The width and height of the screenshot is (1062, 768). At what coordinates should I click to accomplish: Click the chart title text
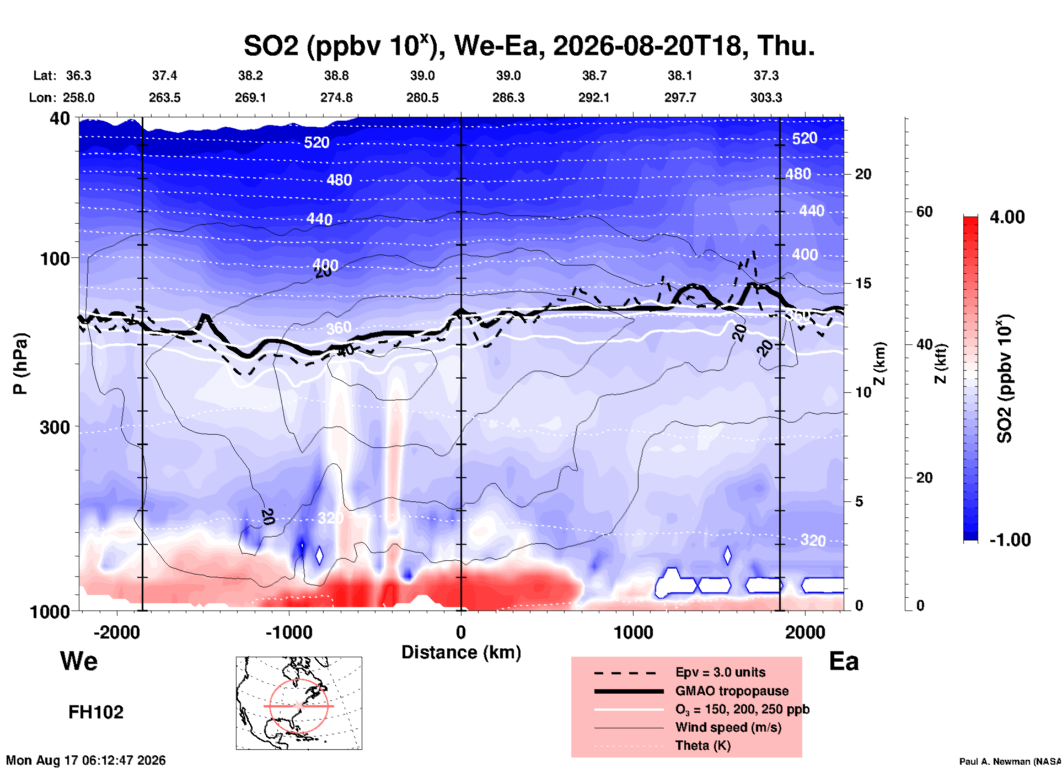529,45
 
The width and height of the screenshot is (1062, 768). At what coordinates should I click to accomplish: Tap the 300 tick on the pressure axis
55,427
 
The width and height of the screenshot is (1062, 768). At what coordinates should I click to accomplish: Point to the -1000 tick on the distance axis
288,632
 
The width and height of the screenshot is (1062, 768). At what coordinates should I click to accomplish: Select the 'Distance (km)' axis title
461,652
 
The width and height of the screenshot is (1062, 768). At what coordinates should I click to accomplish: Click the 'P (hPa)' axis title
20,364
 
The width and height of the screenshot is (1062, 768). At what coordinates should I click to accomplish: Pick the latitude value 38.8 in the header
336,75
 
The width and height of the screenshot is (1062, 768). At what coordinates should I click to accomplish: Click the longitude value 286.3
508,98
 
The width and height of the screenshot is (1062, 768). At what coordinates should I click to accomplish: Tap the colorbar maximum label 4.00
1007,217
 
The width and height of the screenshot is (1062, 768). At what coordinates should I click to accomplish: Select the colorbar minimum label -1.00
1010,539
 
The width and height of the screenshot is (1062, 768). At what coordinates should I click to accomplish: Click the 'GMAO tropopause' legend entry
732,691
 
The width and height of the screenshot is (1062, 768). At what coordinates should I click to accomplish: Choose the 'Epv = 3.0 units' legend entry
720,672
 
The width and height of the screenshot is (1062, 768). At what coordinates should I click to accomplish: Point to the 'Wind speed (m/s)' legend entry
728,727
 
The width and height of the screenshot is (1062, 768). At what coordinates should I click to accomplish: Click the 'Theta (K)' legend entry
702,745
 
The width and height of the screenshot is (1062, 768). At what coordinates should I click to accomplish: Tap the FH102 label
96,712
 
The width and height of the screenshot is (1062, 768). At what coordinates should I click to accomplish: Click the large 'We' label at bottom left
79,661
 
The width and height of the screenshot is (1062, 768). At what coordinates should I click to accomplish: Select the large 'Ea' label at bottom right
844,661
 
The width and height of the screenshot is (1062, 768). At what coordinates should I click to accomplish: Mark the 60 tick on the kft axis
924,212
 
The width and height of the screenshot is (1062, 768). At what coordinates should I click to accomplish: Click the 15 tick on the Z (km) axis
863,283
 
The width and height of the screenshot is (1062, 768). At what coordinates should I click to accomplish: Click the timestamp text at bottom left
85,760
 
